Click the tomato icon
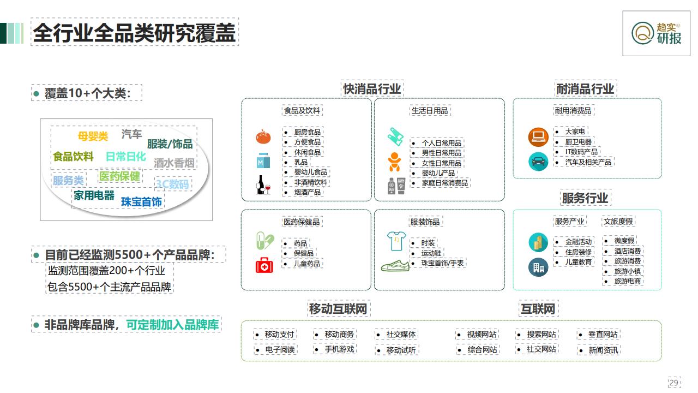[x=263, y=136]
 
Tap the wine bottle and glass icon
[x=263, y=184]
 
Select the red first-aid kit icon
[x=264, y=265]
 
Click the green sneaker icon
[x=395, y=265]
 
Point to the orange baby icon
[x=394, y=162]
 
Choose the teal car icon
[x=538, y=161]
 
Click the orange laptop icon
[x=538, y=137]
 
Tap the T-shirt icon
[x=396, y=241]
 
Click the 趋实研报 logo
[x=656, y=33]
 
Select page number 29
[x=673, y=383]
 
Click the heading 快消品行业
[x=372, y=89]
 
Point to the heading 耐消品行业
[x=585, y=89]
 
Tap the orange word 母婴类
[x=93, y=136]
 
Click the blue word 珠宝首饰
[x=141, y=202]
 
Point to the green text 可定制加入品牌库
[x=172, y=325]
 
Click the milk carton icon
[x=263, y=160]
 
